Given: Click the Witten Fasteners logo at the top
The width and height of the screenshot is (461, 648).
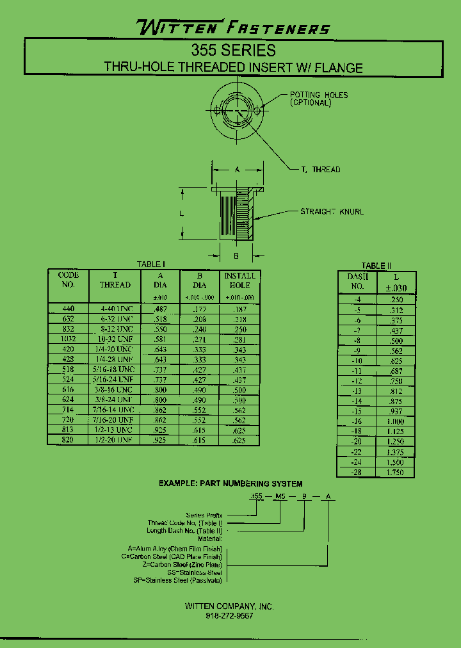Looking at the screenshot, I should [233, 28].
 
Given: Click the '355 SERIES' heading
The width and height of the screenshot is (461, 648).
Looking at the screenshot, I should [233, 51].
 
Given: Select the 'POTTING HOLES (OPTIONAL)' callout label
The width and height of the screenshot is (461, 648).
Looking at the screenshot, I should [318, 99].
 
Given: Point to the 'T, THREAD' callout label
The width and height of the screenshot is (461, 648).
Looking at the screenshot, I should [320, 170].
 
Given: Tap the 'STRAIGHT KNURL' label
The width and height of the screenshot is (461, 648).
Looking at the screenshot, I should [332, 212].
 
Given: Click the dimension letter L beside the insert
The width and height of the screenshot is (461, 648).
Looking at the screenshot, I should [182, 214].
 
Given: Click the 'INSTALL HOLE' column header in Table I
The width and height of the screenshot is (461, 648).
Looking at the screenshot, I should [239, 280].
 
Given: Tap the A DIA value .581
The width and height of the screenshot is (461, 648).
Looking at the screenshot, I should [159, 339].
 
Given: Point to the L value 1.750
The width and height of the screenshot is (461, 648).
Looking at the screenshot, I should [396, 472].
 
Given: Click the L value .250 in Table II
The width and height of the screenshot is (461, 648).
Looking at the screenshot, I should [396, 300].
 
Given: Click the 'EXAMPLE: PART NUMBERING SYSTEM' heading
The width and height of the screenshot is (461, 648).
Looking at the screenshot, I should [230, 484].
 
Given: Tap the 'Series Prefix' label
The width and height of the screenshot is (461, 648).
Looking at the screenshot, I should [204, 515].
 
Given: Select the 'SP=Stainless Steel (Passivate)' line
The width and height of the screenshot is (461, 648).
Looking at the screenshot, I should [177, 580].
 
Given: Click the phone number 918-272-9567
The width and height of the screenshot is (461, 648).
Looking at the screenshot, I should [229, 615].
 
